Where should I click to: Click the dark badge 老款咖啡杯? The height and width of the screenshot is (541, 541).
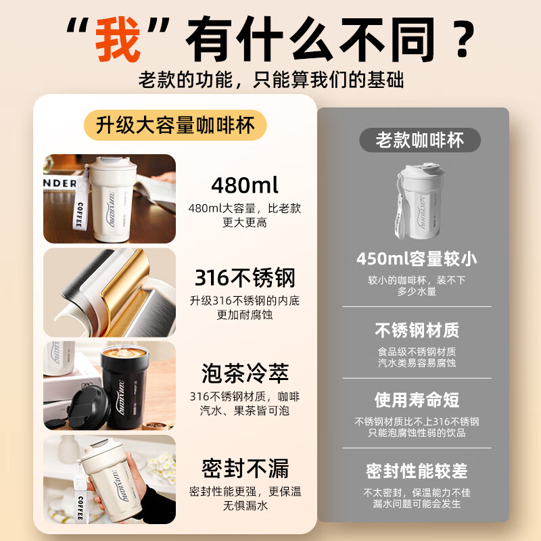(x=420, y=140)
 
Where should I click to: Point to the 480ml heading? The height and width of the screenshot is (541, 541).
(x=245, y=185)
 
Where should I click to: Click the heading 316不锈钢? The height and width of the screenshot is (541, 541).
(x=245, y=278)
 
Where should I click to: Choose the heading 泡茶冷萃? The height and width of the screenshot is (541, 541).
(x=245, y=373)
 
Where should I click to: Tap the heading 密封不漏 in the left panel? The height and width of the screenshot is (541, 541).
(x=245, y=468)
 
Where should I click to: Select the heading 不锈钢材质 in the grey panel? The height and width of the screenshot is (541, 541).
(x=417, y=330)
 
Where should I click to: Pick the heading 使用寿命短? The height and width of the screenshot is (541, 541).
(x=417, y=400)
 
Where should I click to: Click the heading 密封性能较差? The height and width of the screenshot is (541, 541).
(x=417, y=471)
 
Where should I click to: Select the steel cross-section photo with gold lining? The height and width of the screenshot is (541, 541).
(x=110, y=292)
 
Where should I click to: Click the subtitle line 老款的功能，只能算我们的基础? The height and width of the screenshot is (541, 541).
(x=270, y=79)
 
